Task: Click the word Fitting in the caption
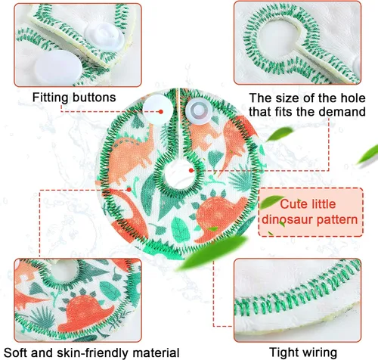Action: (x=50, y=98)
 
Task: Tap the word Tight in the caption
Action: (x=283, y=352)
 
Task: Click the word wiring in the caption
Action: (x=320, y=352)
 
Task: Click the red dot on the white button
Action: (x=161, y=112)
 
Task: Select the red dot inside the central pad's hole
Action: (x=191, y=170)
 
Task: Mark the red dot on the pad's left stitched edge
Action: (x=129, y=189)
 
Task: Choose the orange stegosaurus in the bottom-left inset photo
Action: (x=85, y=312)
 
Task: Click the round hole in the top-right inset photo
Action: (x=277, y=40)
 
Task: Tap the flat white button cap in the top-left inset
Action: (x=58, y=67)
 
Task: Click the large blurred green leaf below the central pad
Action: (x=212, y=252)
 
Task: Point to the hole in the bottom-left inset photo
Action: (x=65, y=270)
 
